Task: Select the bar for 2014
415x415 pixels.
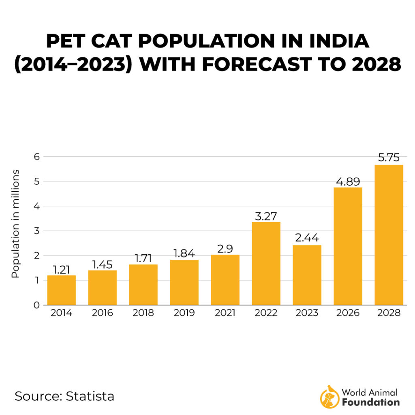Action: pos(62,290)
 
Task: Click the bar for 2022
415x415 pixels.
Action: pos(266,263)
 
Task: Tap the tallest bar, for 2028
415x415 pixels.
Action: pos(389,235)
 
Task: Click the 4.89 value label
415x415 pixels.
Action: pos(348,181)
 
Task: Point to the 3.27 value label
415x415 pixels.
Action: pos(266,216)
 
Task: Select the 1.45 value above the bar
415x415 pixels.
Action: pos(103,264)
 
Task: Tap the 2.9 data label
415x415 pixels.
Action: pos(225,248)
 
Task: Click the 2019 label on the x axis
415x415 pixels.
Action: pos(184,313)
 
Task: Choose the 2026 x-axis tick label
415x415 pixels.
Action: pos(348,313)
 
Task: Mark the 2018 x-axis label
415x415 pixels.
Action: pos(143,313)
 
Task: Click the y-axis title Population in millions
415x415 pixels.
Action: pos(15,224)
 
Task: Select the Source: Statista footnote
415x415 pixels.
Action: pos(64,396)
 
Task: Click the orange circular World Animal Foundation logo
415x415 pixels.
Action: pos(329,397)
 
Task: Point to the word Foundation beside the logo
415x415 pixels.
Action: pos(370,402)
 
